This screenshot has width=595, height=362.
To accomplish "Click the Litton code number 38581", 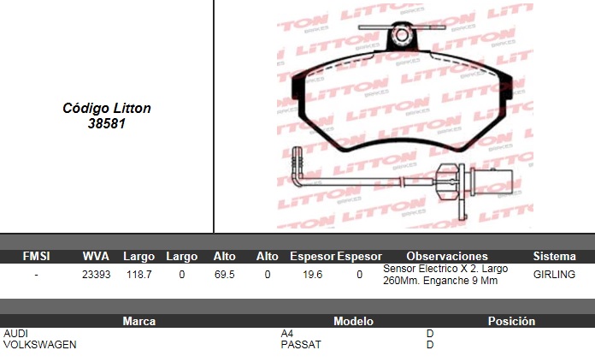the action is point(107,123).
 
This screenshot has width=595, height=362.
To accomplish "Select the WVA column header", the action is point(96,257).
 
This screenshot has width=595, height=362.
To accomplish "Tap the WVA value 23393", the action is point(96,274).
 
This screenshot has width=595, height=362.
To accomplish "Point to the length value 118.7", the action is point(138,274).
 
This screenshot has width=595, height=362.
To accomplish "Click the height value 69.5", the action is point(224,274).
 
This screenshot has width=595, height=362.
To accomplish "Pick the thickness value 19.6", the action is point(312,274).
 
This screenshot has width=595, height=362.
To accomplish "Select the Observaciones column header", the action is point(447,257).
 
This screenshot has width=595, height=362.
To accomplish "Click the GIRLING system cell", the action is point(554,274).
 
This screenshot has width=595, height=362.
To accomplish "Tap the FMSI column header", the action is point(36,257).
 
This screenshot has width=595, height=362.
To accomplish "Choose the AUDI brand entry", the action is point(15,334).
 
